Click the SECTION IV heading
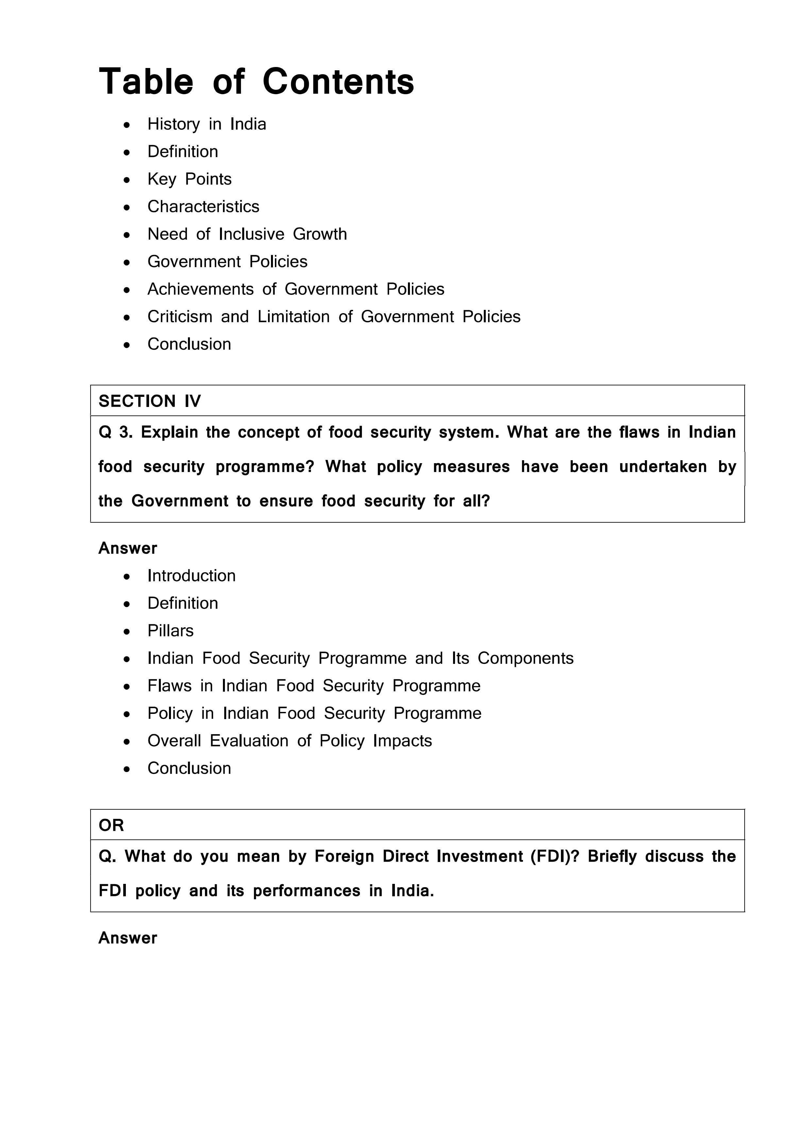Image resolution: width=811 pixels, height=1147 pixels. [149, 401]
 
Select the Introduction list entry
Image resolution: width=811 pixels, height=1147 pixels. [191, 576]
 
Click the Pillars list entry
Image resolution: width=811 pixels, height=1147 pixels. [170, 631]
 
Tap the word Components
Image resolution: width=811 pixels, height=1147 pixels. [525, 658]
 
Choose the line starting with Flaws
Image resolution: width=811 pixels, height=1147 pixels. [314, 685]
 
